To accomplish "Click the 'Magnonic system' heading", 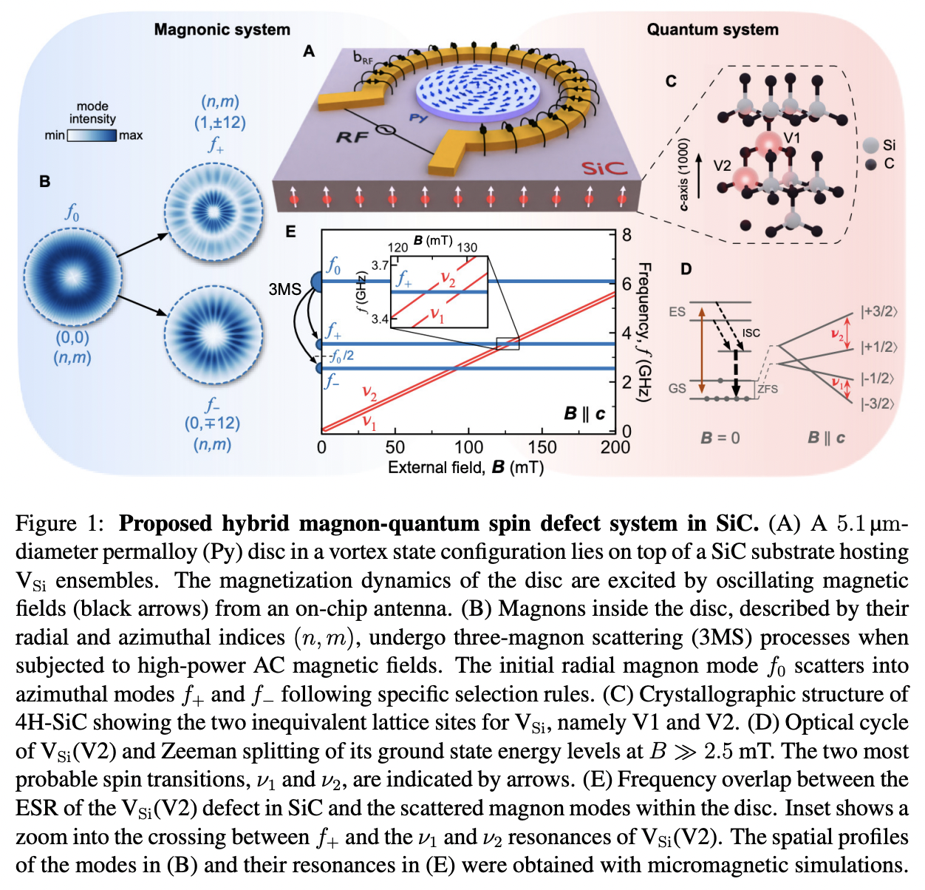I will click(x=222, y=30).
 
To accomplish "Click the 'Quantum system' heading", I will click(x=712, y=30).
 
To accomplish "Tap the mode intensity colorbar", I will click(x=92, y=135).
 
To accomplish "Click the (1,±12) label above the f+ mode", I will click(x=220, y=123).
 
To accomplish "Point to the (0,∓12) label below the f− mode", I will click(x=212, y=424).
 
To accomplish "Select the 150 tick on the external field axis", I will click(x=542, y=447).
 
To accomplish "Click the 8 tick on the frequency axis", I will click(x=627, y=235).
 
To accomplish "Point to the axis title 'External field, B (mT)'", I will click(x=465, y=467).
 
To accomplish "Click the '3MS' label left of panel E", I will click(x=284, y=289).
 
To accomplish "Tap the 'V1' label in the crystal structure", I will click(x=791, y=138).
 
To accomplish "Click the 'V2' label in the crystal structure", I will click(x=722, y=166).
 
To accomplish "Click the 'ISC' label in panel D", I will click(x=751, y=333).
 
